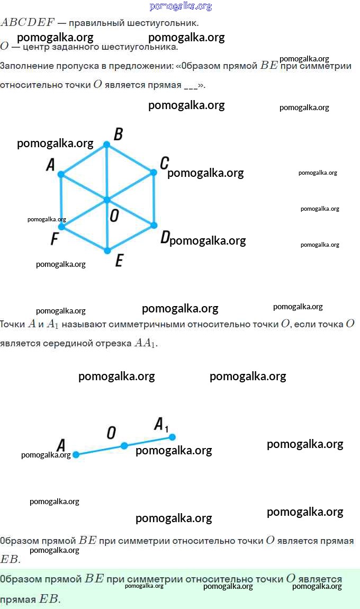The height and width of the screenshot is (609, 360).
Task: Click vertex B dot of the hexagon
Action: (x=106, y=145)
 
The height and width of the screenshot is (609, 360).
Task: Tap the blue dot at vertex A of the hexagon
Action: (x=61, y=174)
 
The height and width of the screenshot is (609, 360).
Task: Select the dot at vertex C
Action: (x=154, y=172)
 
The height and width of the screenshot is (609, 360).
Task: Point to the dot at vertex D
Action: (x=154, y=225)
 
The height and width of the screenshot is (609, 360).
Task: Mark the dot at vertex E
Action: (x=107, y=251)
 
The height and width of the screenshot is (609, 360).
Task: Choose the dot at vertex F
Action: (x=61, y=227)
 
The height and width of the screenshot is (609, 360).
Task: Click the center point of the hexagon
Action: (x=107, y=200)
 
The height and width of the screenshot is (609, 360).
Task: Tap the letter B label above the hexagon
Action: (x=119, y=134)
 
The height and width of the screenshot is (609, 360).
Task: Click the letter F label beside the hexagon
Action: (x=55, y=238)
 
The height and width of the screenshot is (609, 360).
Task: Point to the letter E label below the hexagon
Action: (x=119, y=260)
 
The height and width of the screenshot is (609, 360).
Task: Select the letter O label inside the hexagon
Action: (x=114, y=215)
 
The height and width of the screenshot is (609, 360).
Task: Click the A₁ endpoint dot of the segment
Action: (x=172, y=437)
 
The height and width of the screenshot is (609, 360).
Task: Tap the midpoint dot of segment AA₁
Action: (x=124, y=446)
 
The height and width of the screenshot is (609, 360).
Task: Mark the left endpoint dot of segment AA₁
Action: (x=76, y=454)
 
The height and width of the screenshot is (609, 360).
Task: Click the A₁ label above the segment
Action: (x=161, y=424)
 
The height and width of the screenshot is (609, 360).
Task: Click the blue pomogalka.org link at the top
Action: (x=181, y=6)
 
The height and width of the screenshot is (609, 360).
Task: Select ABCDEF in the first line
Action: (x=28, y=22)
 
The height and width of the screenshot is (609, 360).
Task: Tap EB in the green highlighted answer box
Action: (x=49, y=598)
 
